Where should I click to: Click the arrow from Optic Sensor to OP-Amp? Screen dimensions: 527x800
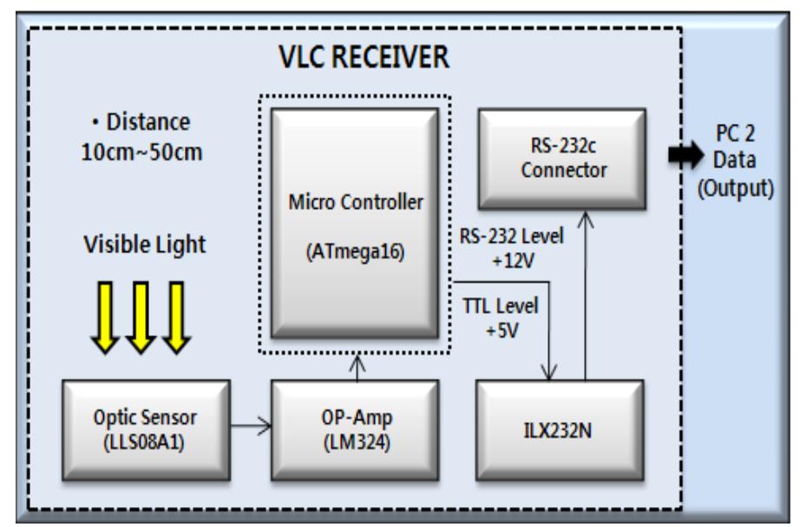point(252,425)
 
